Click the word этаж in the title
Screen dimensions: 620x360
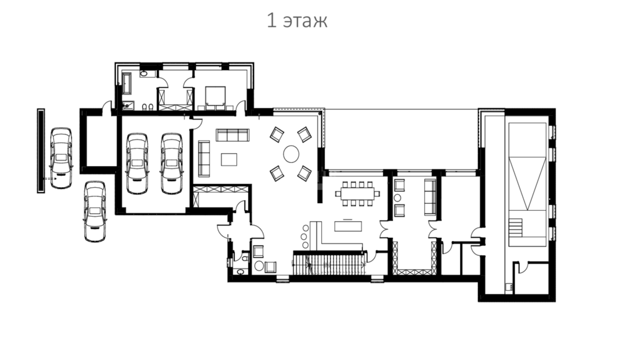pos(306,20)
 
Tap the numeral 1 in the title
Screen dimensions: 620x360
pos(272,20)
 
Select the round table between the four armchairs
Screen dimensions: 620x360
pos(291,154)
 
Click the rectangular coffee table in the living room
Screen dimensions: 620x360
pos(229,160)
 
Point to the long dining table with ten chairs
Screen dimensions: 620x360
pos(358,194)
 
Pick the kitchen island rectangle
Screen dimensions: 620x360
pos(348,226)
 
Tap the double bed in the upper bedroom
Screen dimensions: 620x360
pos(215,98)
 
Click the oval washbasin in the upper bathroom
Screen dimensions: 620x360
pos(144,74)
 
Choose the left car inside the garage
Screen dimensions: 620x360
pos(137,163)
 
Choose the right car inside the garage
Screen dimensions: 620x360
pos(172,163)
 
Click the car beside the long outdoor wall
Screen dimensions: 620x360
pos(61,157)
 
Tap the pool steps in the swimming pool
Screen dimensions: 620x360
pos(516,228)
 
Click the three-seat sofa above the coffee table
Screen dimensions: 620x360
pos(232,135)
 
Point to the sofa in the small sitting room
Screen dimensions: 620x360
pos(430,197)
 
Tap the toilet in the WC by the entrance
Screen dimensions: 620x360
pos(245,258)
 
